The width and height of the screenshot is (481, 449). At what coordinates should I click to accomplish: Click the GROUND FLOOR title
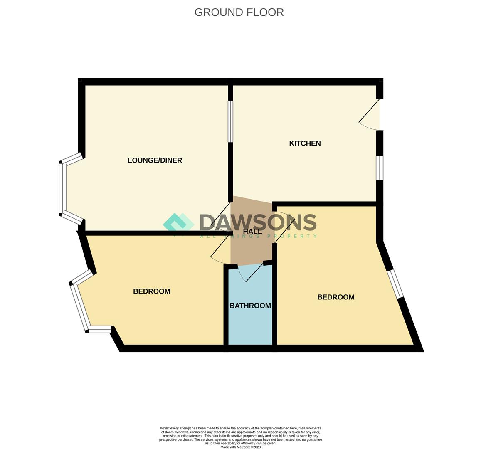pyautogui.click(x=239, y=12)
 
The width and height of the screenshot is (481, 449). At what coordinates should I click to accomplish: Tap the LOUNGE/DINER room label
pyautogui.click(x=155, y=160)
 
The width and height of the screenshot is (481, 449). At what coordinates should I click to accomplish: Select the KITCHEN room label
pyautogui.click(x=305, y=143)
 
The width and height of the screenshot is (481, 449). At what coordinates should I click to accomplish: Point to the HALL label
pyautogui.click(x=252, y=232)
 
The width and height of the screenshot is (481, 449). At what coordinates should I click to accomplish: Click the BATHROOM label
pyautogui.click(x=250, y=306)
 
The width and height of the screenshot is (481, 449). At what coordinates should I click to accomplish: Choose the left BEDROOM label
pyautogui.click(x=151, y=291)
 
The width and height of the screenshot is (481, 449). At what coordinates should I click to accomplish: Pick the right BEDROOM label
pyautogui.click(x=335, y=297)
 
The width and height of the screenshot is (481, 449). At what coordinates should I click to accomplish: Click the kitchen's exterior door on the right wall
pyautogui.click(x=370, y=114)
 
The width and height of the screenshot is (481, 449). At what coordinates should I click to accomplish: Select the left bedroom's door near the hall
pyautogui.click(x=220, y=252)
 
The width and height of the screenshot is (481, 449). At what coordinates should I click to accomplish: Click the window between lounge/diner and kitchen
pyautogui.click(x=230, y=121)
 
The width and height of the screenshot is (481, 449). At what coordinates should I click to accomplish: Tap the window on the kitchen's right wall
pyautogui.click(x=380, y=168)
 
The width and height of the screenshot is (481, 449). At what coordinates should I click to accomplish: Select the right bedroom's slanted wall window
pyautogui.click(x=395, y=284)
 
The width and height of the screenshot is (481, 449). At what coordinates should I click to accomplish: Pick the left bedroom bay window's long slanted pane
pyautogui.click(x=80, y=307)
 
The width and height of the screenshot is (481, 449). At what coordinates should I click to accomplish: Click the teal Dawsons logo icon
pyautogui.click(x=178, y=223)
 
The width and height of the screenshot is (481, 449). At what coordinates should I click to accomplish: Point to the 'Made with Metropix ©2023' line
pyautogui.click(x=240, y=447)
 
